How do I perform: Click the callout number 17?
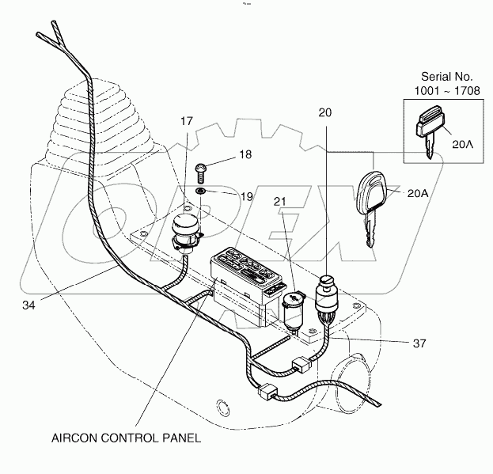tap(186, 122)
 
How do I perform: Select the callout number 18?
tap(245, 155)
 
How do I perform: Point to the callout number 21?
tap(281, 202)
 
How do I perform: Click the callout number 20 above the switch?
tap(325, 113)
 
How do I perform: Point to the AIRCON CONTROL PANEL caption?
tap(126, 437)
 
